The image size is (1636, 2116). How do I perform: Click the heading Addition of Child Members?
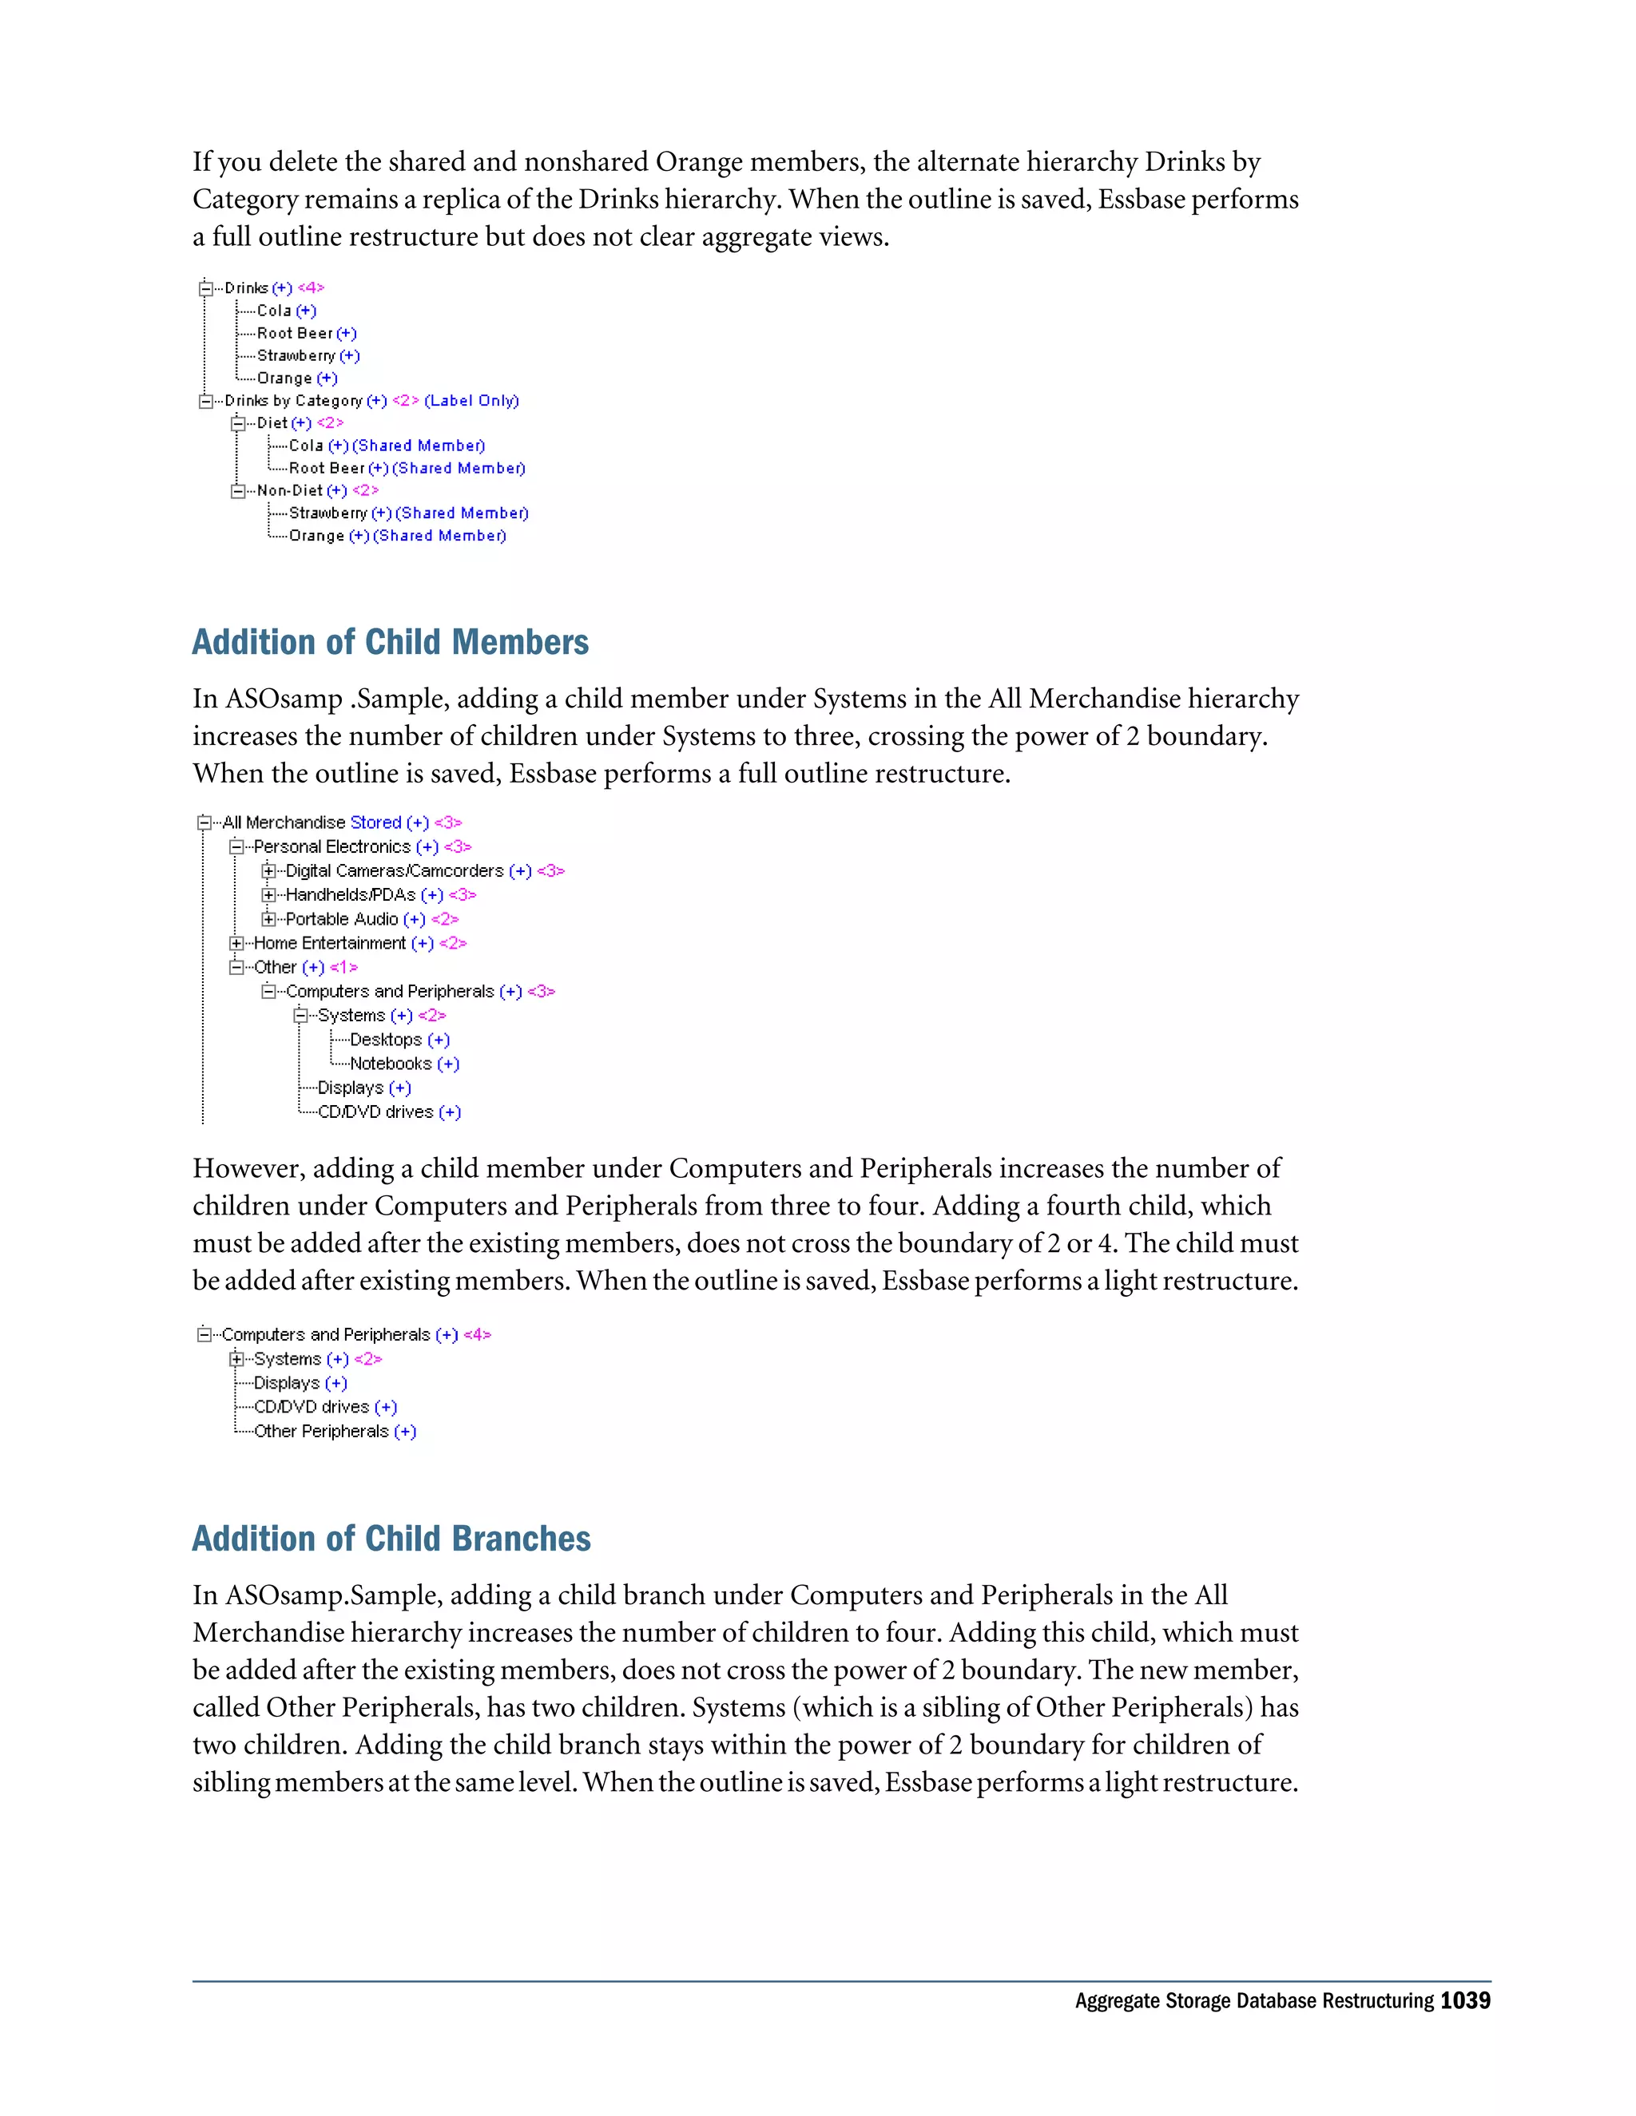(390, 642)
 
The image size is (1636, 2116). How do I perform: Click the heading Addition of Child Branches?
(391, 1539)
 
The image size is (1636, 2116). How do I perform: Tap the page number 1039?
(1464, 2001)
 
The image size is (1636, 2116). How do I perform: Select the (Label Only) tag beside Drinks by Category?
(471, 401)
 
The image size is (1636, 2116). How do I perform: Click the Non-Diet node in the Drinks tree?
(289, 490)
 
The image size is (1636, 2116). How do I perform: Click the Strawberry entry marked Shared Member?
(328, 513)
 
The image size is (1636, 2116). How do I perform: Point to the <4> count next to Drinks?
(311, 287)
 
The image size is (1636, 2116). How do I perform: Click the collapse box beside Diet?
(238, 423)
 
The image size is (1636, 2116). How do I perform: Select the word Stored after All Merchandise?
(375, 822)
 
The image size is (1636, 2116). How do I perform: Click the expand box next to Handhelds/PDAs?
(268, 895)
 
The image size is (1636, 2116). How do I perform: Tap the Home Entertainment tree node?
(330, 944)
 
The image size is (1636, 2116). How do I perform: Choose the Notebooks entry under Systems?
(390, 1064)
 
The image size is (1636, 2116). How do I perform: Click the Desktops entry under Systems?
(385, 1040)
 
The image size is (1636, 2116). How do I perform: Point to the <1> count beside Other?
(343, 968)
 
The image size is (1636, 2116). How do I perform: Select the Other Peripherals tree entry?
(321, 1432)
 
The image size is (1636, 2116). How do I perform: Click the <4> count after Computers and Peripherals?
(477, 1335)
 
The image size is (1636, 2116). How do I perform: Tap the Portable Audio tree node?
(341, 919)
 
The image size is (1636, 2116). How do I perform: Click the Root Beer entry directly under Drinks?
(295, 333)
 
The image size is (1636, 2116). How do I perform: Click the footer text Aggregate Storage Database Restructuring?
(1253, 2001)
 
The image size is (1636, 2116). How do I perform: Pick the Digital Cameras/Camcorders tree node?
(394, 871)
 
